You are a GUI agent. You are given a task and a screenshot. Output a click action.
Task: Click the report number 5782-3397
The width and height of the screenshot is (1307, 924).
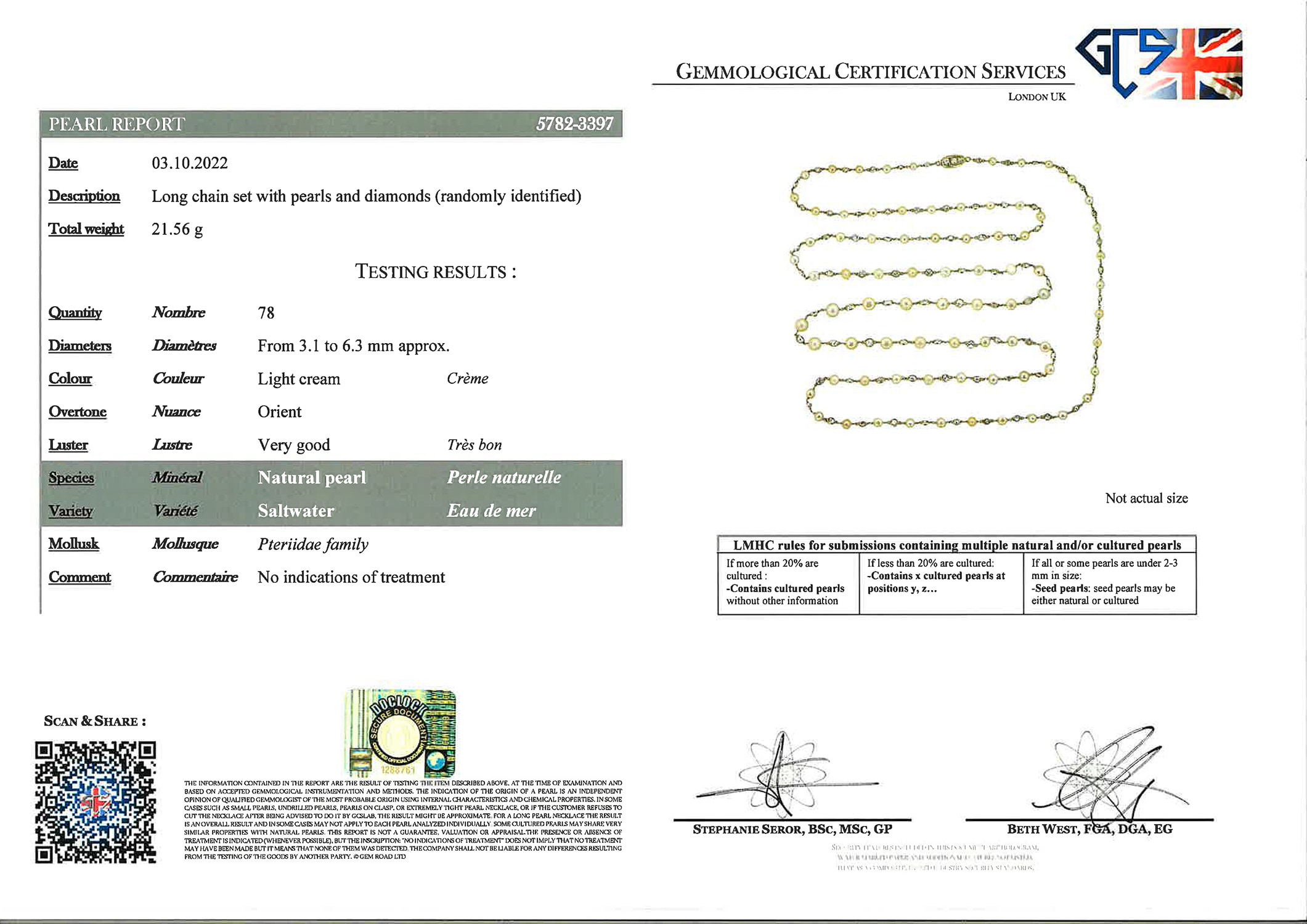tap(574, 124)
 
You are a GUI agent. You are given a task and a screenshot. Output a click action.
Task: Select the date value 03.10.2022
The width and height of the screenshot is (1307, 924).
tap(190, 163)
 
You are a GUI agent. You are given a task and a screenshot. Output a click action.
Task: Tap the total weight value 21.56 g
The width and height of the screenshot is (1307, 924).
tap(177, 229)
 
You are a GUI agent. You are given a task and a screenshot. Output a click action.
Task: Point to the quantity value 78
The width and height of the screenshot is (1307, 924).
tap(266, 313)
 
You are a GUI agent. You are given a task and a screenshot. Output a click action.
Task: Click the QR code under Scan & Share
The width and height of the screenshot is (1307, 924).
tap(96, 802)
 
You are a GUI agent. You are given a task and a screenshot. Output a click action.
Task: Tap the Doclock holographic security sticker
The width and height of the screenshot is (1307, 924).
tap(401, 733)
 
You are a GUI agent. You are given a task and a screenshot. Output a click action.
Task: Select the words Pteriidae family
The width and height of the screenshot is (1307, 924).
tap(313, 545)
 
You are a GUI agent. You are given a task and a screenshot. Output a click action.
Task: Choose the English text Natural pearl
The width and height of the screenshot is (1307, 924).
tap(312, 477)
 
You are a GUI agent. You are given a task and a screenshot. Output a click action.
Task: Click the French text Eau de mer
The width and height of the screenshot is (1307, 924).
tap(491, 511)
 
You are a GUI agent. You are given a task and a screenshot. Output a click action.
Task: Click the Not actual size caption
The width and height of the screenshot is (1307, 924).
tap(1146, 498)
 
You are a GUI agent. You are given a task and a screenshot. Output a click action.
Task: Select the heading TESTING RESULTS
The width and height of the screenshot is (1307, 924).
tap(436, 272)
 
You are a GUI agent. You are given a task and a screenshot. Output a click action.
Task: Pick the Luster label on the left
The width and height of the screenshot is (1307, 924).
tap(68, 445)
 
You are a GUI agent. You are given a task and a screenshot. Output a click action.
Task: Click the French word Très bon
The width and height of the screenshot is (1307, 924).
tap(474, 445)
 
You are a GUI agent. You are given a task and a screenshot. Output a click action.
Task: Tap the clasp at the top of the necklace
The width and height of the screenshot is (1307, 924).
tap(953, 162)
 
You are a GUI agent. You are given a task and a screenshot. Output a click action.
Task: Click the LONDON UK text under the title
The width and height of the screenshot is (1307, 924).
tap(1036, 97)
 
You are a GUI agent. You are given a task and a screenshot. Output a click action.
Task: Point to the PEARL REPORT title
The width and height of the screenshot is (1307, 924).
tap(116, 124)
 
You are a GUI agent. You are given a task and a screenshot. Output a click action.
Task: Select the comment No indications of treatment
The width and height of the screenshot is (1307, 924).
tap(351, 577)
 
